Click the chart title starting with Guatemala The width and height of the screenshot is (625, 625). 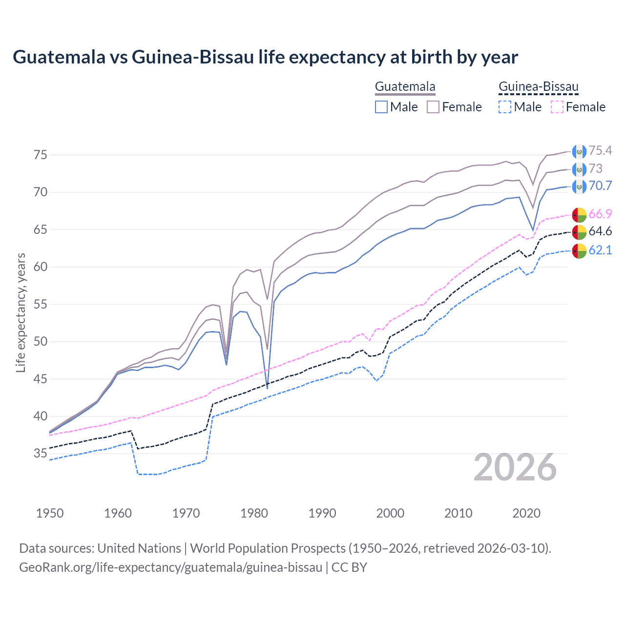point(265,57)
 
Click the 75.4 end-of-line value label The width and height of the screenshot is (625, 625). point(600,150)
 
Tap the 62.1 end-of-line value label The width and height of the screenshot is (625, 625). point(600,250)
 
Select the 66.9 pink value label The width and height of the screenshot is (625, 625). point(600,214)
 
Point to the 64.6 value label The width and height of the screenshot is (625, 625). point(600,231)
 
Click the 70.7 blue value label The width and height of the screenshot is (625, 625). point(600,186)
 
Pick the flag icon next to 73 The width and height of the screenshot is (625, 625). point(579,169)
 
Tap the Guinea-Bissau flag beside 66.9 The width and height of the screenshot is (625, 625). point(579,214)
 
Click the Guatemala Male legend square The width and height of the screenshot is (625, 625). point(381,107)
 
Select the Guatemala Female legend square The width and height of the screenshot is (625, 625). point(433,107)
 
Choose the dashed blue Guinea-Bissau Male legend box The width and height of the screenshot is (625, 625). point(505,107)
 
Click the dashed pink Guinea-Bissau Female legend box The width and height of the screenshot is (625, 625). point(557,107)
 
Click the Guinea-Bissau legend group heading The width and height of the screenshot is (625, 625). point(538,87)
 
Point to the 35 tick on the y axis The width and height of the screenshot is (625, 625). point(41,454)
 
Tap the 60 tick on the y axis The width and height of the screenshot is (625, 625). point(41,267)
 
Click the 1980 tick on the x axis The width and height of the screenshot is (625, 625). point(254,513)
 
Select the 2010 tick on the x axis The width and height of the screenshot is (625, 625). point(458,513)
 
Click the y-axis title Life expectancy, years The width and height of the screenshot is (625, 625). point(21,312)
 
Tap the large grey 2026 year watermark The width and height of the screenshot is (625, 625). point(515,467)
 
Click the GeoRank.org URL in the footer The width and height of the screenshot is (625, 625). point(170,567)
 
